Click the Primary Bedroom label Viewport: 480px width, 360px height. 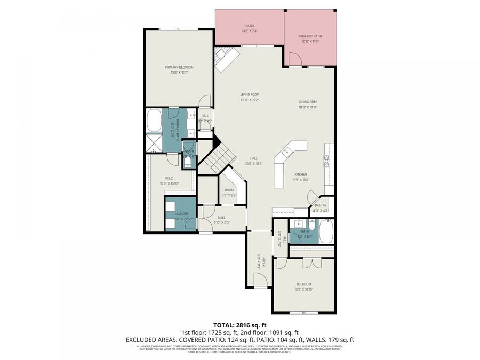(179, 67)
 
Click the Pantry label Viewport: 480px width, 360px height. (321, 205)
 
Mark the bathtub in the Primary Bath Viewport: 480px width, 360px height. (155, 121)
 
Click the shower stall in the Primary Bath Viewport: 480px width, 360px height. (154, 143)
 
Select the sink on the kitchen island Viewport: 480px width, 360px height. (287, 151)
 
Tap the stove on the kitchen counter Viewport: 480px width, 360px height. (326, 159)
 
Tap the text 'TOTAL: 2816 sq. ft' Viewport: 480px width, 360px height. (239, 325)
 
